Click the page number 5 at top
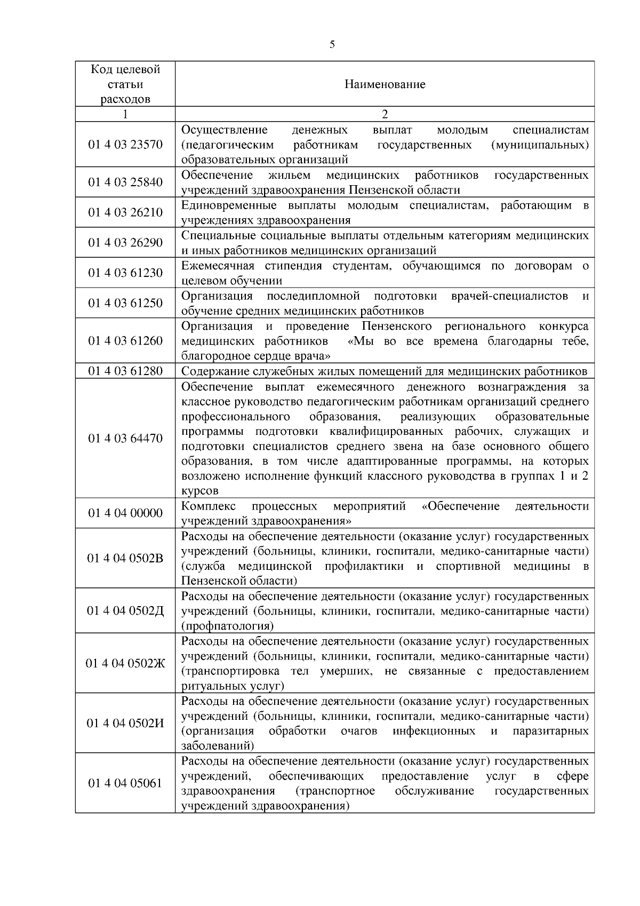[332, 45]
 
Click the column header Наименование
[385, 84]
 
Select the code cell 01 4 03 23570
[125, 145]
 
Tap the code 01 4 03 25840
[125, 182]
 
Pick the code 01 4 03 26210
[125, 212]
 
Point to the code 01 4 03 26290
[125, 243]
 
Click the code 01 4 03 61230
[125, 273]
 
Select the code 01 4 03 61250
[125, 303]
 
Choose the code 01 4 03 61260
[125, 340]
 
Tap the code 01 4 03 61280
[125, 370]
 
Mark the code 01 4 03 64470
[125, 438]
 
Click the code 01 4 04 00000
[125, 513]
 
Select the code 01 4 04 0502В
[125, 558]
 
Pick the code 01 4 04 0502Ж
[125, 663]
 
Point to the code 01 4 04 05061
[125, 783]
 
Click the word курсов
[199, 491]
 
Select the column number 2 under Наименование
[385, 114]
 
